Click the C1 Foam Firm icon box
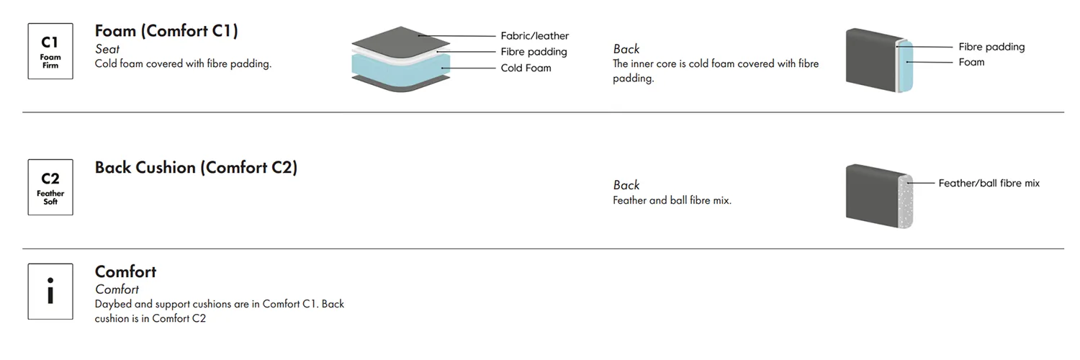pos(50,51)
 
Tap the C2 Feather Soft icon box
pos(50,187)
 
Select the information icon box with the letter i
pos(50,292)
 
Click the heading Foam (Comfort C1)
pos(166,31)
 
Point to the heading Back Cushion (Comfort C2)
pos(196,168)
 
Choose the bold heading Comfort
pos(125,272)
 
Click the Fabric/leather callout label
pos(534,36)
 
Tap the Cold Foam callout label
pos(526,68)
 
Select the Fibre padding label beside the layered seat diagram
pos(534,52)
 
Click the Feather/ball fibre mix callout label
pos(989,184)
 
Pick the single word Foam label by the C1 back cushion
pos(971,63)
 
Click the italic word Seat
pos(107,50)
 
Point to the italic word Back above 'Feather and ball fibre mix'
pos(626,186)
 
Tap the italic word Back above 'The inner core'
pos(626,49)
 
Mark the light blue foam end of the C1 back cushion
pos(905,65)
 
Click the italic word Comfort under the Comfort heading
pos(117,289)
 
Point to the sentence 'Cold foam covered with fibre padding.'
pos(183,64)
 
